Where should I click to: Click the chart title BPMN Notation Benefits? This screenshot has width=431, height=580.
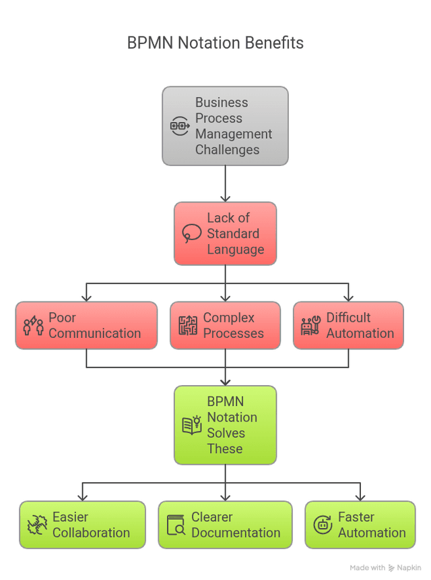tap(215, 43)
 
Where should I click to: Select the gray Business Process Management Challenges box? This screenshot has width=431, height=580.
tap(225, 126)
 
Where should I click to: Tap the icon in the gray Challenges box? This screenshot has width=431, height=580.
tap(180, 126)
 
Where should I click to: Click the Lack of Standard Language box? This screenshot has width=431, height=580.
tap(225, 233)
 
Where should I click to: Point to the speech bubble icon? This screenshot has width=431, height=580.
tap(191, 233)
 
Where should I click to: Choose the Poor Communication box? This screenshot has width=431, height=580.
tap(86, 325)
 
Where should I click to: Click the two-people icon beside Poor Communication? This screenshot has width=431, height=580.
tap(33, 325)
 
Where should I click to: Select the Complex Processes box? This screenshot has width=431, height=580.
tap(225, 325)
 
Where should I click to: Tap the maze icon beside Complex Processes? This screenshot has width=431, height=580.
tap(188, 325)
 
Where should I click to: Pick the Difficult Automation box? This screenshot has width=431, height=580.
tap(348, 325)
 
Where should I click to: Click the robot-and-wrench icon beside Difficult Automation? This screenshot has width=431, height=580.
tap(310, 325)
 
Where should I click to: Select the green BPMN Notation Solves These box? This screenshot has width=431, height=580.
tap(225, 425)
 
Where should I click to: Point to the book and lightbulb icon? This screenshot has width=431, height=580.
tap(192, 425)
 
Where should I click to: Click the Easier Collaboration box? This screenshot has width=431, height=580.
tap(82, 525)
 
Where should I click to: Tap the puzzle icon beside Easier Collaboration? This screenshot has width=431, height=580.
tap(37, 525)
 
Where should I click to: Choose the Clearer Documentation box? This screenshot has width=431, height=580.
tap(225, 525)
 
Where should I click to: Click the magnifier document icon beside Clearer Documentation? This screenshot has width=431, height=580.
tap(176, 525)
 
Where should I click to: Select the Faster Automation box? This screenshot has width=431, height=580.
tap(360, 525)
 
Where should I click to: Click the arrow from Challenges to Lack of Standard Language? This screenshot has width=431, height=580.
tap(225, 183)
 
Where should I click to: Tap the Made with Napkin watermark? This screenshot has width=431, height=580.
tap(385, 568)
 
